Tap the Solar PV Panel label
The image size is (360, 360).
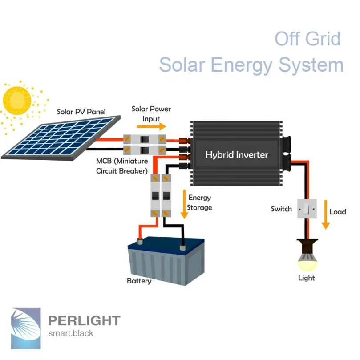tap(81, 112)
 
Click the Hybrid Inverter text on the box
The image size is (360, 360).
tap(237, 155)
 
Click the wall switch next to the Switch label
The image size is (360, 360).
tap(307, 209)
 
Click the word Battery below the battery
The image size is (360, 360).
tap(139, 281)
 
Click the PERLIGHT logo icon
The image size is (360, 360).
tap(26, 324)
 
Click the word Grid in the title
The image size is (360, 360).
tap(321, 39)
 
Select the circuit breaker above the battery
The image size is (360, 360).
tap(160, 195)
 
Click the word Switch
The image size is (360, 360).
tap(281, 209)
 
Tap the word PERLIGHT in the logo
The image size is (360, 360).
tap(84, 320)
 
